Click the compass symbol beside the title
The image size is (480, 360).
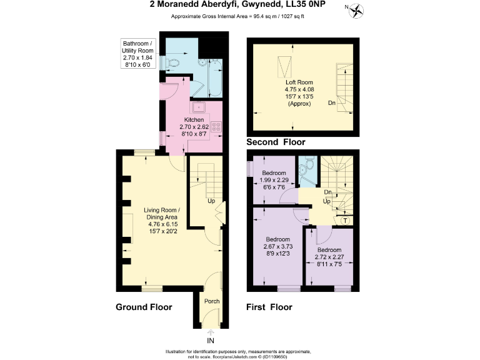[x=357, y=9]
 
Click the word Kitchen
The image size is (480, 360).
[x=194, y=119]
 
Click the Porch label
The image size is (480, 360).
[x=212, y=301]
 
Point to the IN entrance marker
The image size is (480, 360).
[x=211, y=341]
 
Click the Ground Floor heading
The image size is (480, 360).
[x=144, y=307]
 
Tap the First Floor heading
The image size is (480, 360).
[x=269, y=307]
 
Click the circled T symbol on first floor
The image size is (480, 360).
[x=346, y=219]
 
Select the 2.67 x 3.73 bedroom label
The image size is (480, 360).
[x=277, y=247]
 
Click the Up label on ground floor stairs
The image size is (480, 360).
[x=211, y=201]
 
